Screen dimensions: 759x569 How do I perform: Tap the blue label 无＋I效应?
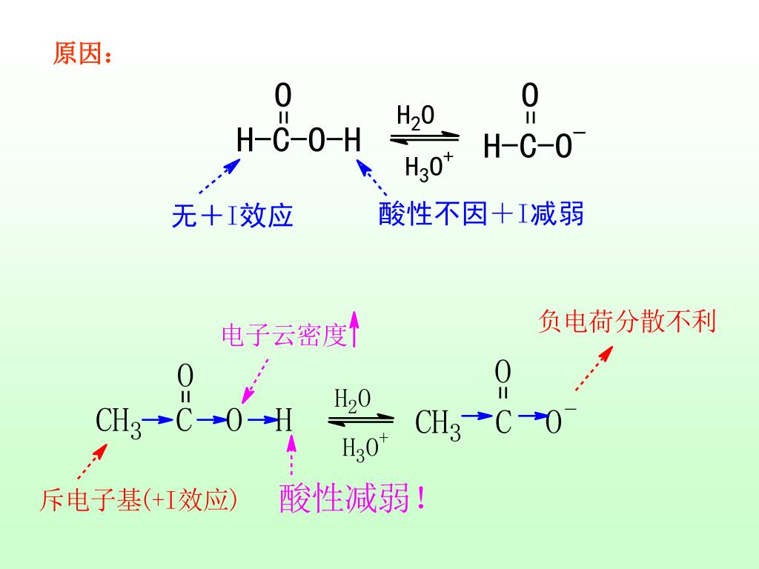pos(233,216)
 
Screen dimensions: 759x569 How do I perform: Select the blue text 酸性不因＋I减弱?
pos(481,214)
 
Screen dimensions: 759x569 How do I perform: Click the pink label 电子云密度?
pos(285,336)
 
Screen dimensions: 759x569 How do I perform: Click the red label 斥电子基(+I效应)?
pos(139,501)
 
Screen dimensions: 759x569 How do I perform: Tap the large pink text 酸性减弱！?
pos(353,499)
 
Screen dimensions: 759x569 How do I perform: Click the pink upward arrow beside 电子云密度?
pos(355,329)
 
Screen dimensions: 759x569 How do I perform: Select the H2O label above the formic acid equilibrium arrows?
pos(415,116)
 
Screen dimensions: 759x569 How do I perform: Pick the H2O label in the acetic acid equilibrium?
pos(353,400)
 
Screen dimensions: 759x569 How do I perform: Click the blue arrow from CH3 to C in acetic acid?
pos(157,420)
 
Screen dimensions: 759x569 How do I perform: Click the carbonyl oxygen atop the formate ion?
pos(530,96)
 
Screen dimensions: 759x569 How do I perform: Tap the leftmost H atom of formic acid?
pos(245,140)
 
